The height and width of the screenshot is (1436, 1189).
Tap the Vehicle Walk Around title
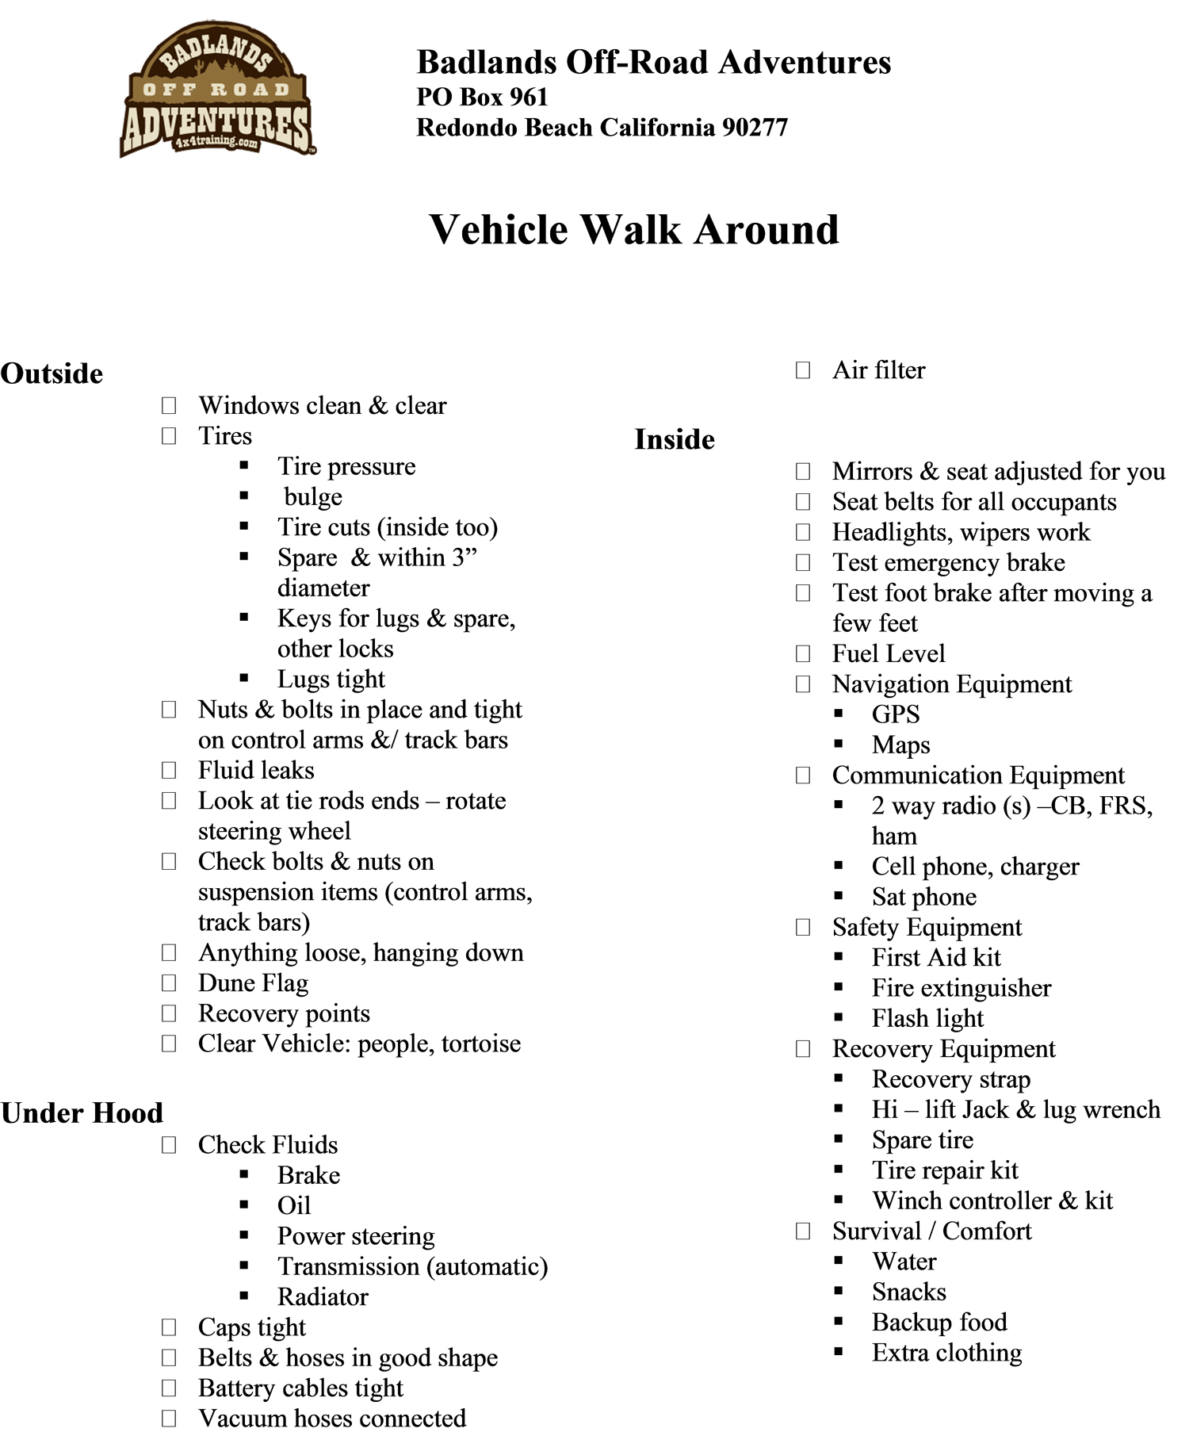pyautogui.click(x=633, y=230)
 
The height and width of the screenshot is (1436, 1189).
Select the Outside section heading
pyautogui.click(x=52, y=373)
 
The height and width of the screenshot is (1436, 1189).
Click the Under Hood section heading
pyautogui.click(x=82, y=1112)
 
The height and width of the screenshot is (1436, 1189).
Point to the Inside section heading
pyautogui.click(x=674, y=439)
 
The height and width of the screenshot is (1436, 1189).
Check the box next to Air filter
pyautogui.click(x=803, y=370)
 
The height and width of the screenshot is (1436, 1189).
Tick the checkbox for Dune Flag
pyautogui.click(x=169, y=983)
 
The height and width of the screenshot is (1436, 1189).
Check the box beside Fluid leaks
pyautogui.click(x=169, y=771)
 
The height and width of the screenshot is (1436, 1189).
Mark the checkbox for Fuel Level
pyautogui.click(x=803, y=654)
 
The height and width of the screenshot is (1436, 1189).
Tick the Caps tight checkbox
pyautogui.click(x=169, y=1327)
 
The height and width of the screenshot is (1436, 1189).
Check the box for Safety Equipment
pyautogui.click(x=803, y=928)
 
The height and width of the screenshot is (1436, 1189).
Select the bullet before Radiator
pyautogui.click(x=244, y=1297)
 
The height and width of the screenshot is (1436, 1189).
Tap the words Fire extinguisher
pyautogui.click(x=961, y=988)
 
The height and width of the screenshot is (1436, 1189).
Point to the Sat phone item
pyautogui.click(x=923, y=897)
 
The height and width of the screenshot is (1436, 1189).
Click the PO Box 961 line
pyautogui.click(x=482, y=97)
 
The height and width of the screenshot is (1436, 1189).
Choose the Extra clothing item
pyautogui.click(x=946, y=1353)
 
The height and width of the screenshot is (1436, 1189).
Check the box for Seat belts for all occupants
pyautogui.click(x=803, y=502)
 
